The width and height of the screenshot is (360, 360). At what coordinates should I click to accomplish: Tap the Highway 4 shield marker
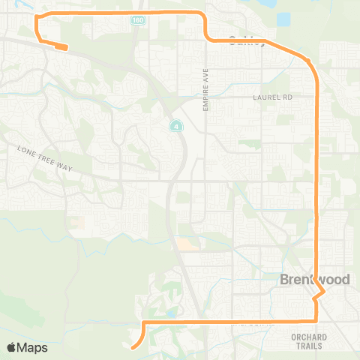[x=174, y=125]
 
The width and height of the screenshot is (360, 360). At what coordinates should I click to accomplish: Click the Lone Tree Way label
[x=44, y=158]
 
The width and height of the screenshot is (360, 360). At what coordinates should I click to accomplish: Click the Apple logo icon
[x=12, y=347]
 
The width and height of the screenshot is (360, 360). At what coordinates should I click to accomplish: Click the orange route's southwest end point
[x=132, y=347]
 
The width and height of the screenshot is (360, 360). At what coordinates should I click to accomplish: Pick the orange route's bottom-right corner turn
[x=317, y=320]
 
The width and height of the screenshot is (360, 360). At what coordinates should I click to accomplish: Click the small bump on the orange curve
[x=307, y=60]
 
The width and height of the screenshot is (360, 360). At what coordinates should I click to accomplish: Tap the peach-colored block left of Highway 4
[x=183, y=244]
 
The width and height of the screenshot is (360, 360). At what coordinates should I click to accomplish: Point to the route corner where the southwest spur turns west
[x=142, y=322]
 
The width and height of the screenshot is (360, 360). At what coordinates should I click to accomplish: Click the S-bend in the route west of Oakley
[x=206, y=34]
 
